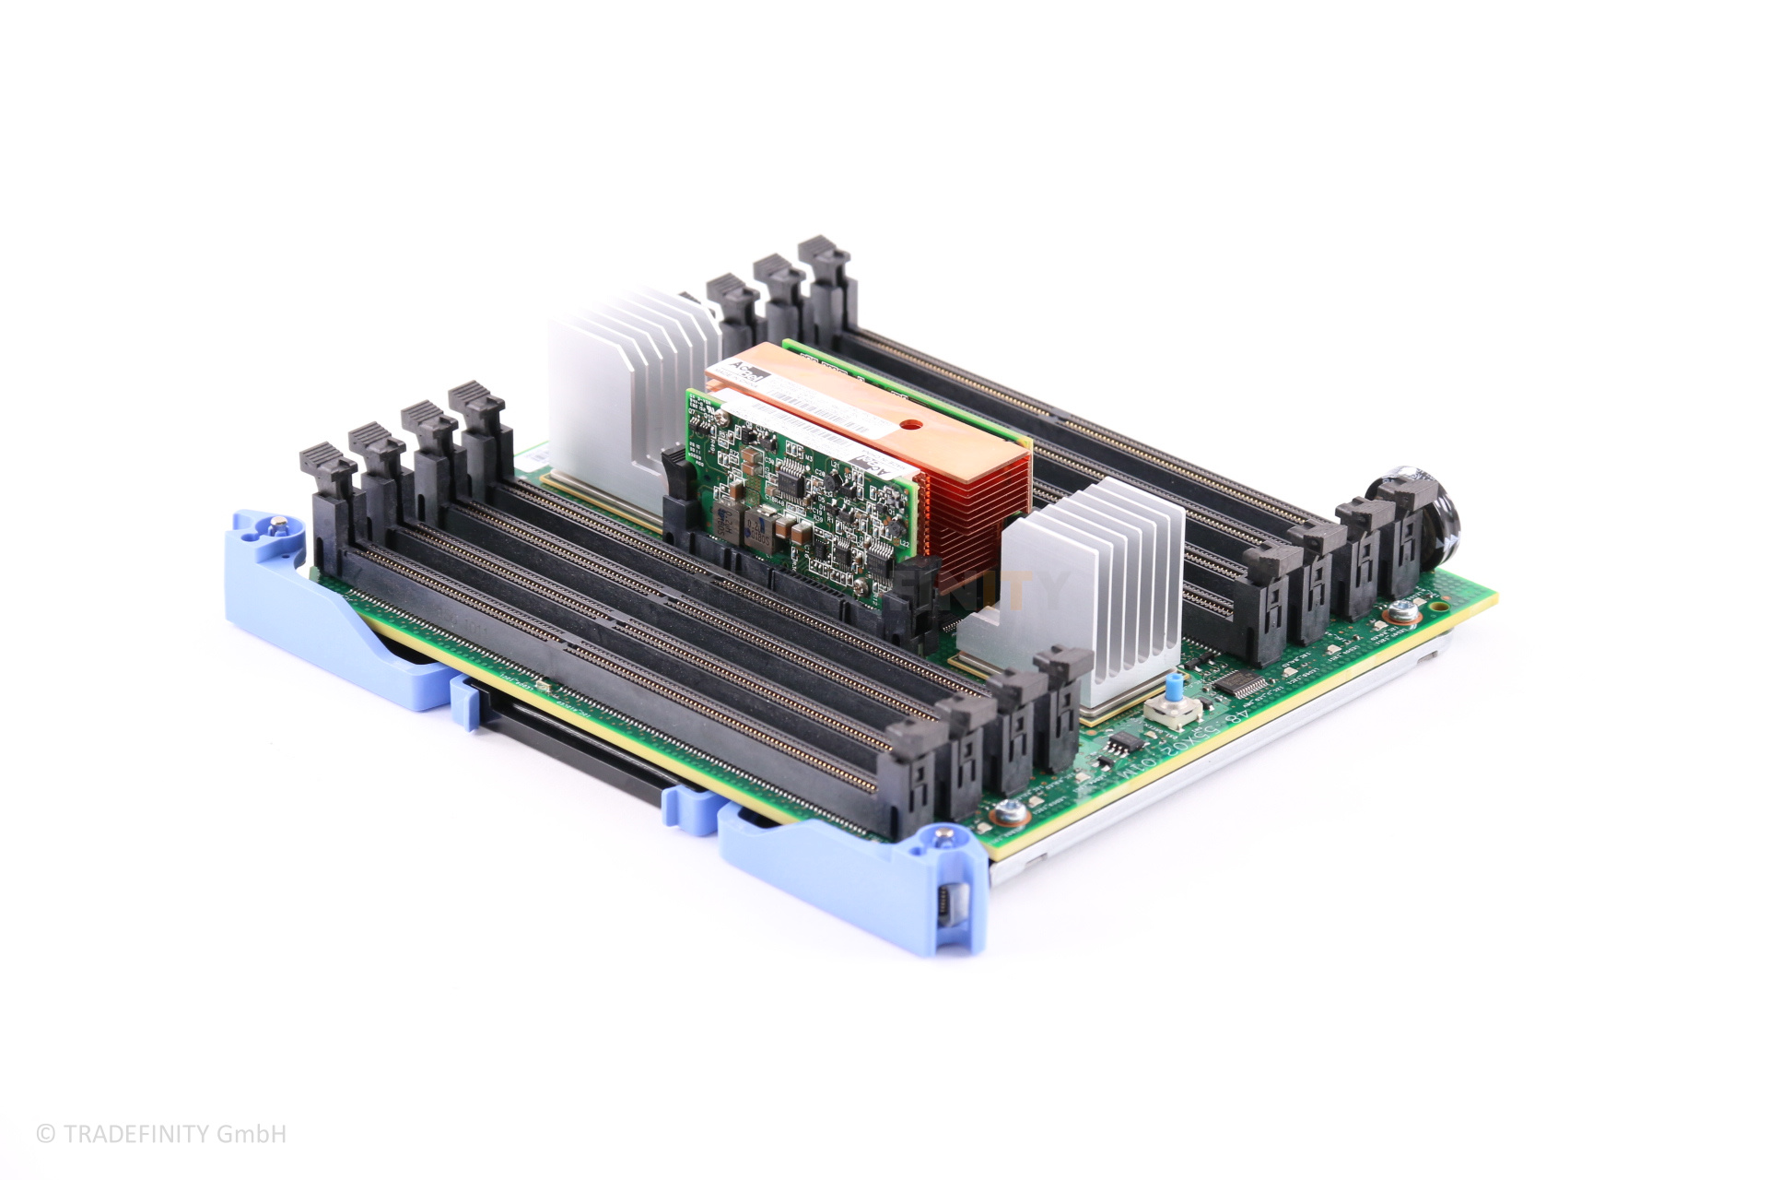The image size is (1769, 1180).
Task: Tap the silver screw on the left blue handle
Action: tap(274, 525)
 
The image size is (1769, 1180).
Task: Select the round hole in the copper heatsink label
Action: tap(910, 426)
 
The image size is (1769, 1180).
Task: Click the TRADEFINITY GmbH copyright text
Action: tap(162, 1134)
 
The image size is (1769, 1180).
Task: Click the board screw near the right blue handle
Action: tap(1010, 812)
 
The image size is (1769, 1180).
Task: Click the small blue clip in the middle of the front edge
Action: tap(463, 701)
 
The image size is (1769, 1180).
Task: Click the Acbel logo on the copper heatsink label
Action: tap(746, 372)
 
